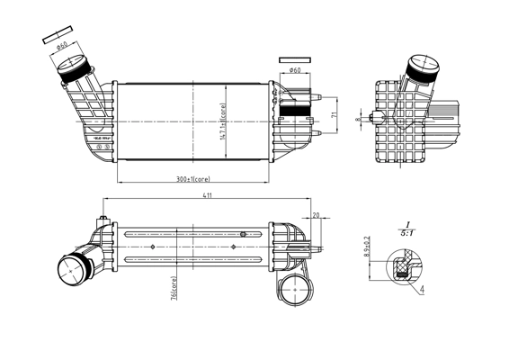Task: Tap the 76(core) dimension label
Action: pos(173,292)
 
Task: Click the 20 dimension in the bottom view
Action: pos(316,215)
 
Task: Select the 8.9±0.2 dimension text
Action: pos(367,248)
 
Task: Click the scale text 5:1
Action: pos(406,233)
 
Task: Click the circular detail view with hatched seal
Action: pos(401,265)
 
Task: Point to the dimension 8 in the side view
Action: pos(358,118)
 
